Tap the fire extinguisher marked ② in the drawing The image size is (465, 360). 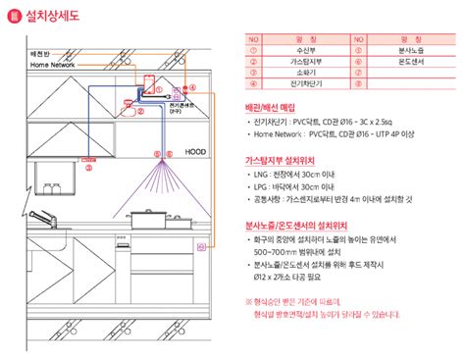pos(129,100)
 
